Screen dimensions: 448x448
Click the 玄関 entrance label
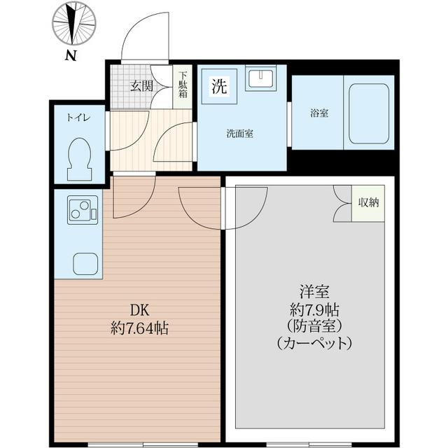coord(141,86)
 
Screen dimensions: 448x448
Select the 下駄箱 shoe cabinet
coord(182,86)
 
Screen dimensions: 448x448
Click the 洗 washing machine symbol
coord(219,87)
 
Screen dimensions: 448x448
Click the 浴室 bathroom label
coord(319,113)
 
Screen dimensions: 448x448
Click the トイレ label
coord(78,118)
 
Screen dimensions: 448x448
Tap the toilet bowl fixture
coord(78,158)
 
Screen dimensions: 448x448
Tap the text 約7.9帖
coord(313,309)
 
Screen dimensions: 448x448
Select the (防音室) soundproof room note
coord(313,326)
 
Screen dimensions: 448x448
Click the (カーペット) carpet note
coord(313,344)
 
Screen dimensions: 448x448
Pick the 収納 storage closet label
coord(368,203)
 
